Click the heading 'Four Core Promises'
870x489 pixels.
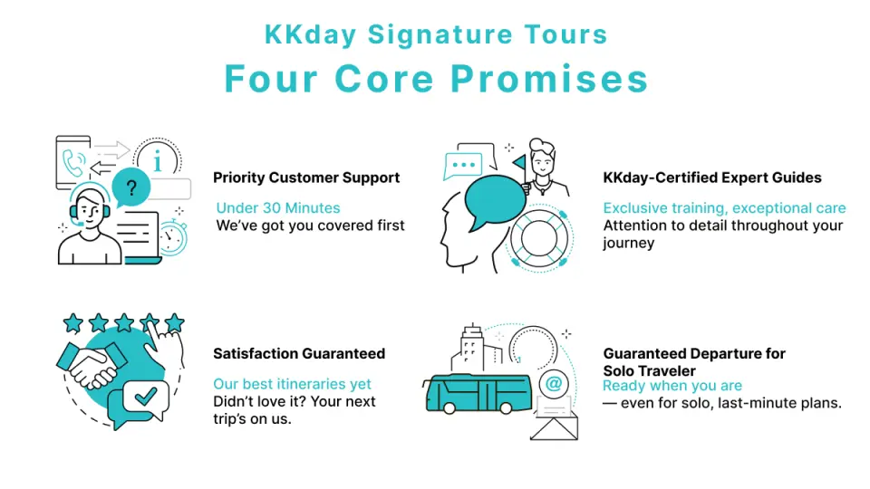[x=436, y=79]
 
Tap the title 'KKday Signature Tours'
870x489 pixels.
[x=436, y=34]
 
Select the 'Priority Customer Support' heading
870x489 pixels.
[x=306, y=178]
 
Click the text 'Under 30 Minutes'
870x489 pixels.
[x=278, y=208]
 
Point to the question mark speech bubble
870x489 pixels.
[x=130, y=187]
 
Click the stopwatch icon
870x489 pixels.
[x=172, y=236]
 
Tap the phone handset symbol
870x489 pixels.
[x=73, y=162]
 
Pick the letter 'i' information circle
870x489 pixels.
[x=158, y=159]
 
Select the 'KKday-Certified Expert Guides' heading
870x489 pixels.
[x=712, y=178]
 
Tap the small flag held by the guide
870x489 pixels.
[x=519, y=164]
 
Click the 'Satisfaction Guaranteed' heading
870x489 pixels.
[x=299, y=354]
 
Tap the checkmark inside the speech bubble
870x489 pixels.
[x=145, y=396]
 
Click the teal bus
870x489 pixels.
[x=478, y=394]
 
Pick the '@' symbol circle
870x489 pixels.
[x=553, y=384]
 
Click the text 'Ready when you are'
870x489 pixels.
[x=672, y=386]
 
